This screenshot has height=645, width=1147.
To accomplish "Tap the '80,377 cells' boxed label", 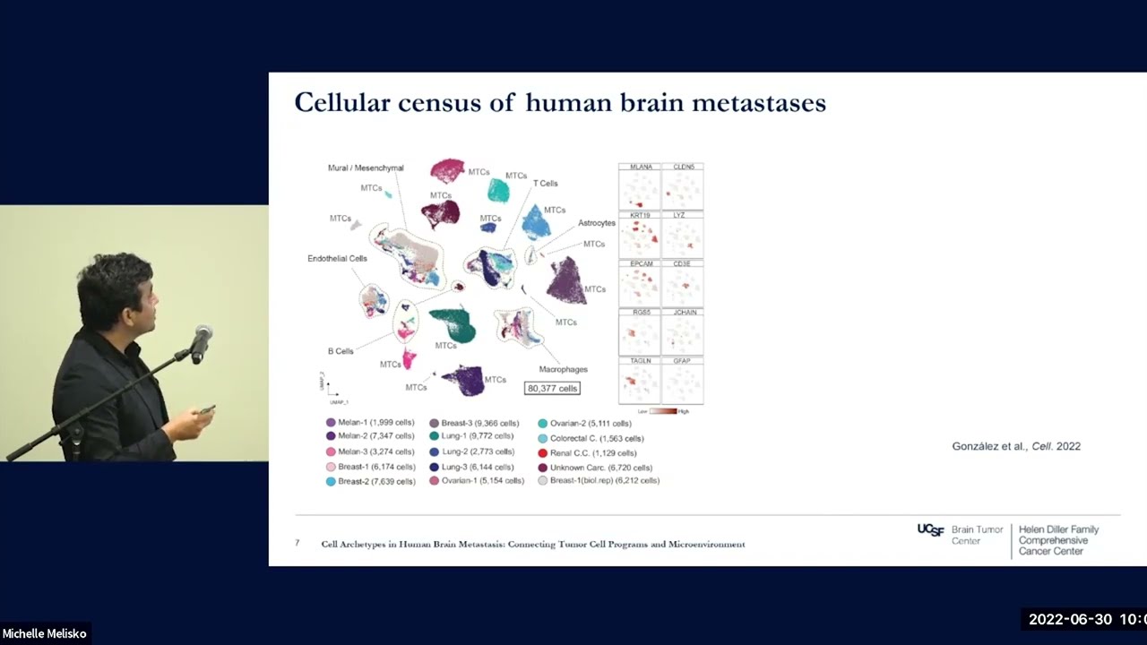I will coord(552,388).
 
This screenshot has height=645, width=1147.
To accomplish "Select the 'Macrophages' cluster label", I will coord(563,369).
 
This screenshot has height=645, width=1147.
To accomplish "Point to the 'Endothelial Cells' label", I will coord(337,259).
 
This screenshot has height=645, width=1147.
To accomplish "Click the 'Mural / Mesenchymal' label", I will coord(366,168).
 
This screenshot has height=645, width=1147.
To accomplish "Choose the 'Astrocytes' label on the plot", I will coord(596,223).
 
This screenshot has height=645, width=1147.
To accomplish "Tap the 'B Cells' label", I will coord(341,351).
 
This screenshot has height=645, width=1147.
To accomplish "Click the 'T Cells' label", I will coord(545,184).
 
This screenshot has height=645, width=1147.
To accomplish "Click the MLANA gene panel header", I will coord(640,167).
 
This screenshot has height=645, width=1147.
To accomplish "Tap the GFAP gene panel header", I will coord(683,360).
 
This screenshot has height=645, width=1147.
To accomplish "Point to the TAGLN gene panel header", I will coord(640,360).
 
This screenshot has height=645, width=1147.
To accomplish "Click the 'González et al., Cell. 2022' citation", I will coord(1015,446).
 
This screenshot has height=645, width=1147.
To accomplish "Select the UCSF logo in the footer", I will coord(930,530).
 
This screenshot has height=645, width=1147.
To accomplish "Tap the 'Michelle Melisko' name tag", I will coord(45,633).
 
